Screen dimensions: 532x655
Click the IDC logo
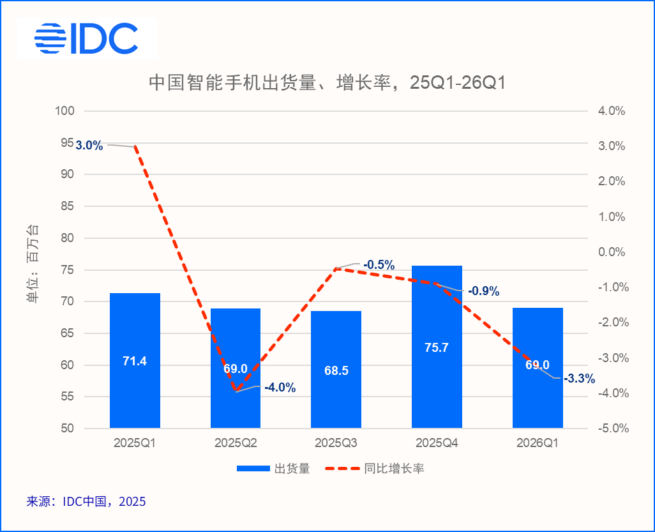(x=86, y=39)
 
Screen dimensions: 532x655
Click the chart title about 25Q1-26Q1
(x=327, y=83)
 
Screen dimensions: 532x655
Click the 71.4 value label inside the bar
(x=135, y=361)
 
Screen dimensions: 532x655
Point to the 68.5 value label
(x=336, y=370)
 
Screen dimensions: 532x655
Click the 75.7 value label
(x=437, y=348)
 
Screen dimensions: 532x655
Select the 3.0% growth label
(x=89, y=146)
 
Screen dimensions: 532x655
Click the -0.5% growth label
(x=379, y=265)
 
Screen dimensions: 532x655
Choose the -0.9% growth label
(x=483, y=291)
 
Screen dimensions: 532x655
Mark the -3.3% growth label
(x=579, y=379)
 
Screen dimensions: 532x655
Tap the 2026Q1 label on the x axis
(x=538, y=443)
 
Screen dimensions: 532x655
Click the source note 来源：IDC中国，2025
(x=86, y=502)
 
